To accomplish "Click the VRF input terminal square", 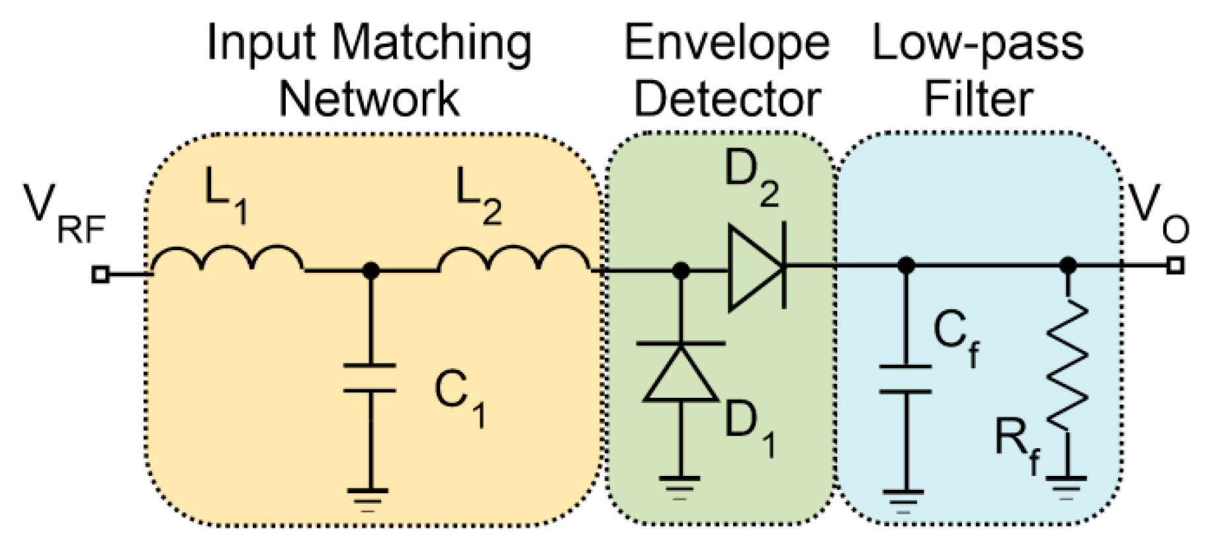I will pyautogui.click(x=100, y=273).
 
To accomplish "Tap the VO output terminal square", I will pyautogui.click(x=1175, y=265).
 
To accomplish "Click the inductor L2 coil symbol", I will pyautogui.click(x=514, y=259).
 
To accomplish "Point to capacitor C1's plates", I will pyautogui.click(x=370, y=378).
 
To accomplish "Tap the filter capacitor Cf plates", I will pyautogui.click(x=906, y=379).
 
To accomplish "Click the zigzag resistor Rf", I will pyautogui.click(x=1067, y=365).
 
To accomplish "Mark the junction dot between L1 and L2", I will pyautogui.click(x=371, y=270).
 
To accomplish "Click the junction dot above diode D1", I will pyautogui.click(x=681, y=270).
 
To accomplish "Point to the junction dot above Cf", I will pyautogui.click(x=906, y=265).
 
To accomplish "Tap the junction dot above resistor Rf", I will pyautogui.click(x=1067, y=265).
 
